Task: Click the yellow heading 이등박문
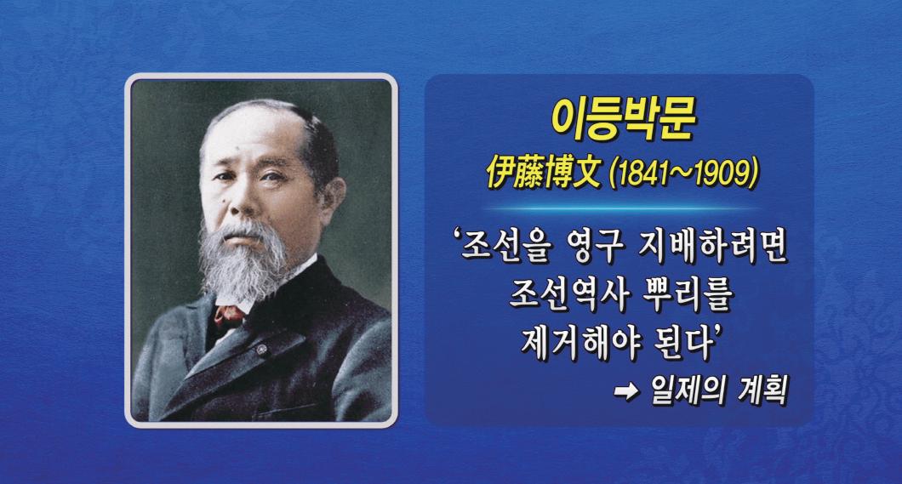(624, 120)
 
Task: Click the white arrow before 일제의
(627, 392)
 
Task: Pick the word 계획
(754, 390)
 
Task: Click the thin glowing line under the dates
(619, 208)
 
